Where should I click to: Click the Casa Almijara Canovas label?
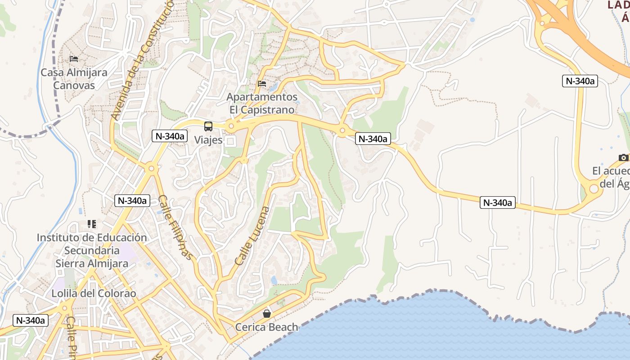tap(74, 79)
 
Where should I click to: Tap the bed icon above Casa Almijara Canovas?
tap(74, 59)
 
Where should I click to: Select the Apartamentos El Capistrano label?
tap(262, 103)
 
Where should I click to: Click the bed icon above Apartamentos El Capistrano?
tap(262, 83)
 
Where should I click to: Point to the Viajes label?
tap(208, 140)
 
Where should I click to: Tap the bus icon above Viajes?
tap(208, 126)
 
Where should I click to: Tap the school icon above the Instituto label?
tap(92, 224)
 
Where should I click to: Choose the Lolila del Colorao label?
tap(94, 293)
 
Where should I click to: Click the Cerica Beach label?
tap(267, 327)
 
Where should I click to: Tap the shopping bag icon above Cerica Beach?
tap(267, 314)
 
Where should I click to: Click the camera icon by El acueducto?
tap(623, 157)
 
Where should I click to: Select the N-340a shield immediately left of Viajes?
tap(169, 136)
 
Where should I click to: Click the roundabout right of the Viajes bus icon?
tap(231, 127)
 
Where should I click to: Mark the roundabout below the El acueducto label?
tap(594, 189)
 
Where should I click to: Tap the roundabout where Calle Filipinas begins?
tap(151, 169)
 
